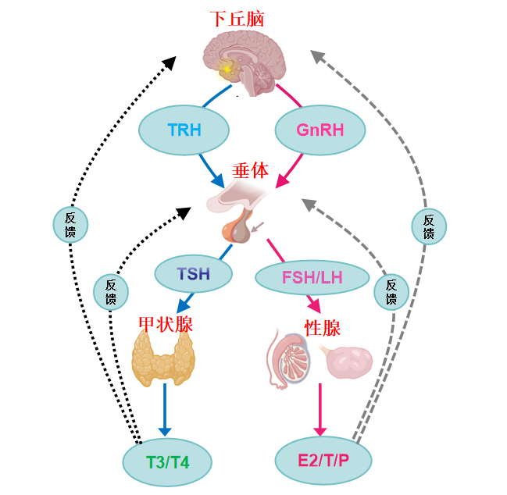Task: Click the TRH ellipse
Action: coord(184,129)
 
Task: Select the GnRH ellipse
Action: coord(320,129)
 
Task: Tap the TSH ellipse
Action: coord(194,272)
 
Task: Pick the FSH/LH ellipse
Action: coord(312,276)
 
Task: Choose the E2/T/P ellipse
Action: coord(323,458)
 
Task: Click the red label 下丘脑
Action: coord(237,19)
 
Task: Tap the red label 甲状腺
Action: coord(166,323)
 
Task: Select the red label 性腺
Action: coord(322,326)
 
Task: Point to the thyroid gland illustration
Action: coord(164,358)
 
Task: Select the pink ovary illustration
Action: coord(349,360)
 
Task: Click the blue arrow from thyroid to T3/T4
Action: coord(164,410)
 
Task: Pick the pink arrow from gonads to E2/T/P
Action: coord(320,410)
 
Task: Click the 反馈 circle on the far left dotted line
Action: coord(70,225)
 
